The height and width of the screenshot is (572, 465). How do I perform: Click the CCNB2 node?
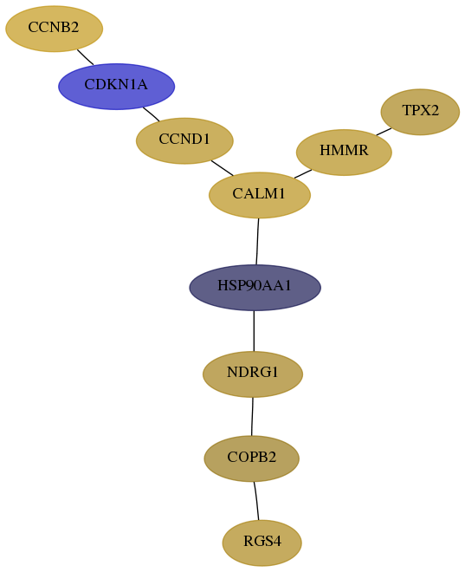(54, 29)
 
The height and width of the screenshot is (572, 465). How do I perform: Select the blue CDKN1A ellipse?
(117, 87)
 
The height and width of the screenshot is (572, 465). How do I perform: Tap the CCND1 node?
(184, 140)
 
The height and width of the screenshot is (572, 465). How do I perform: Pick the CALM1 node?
(260, 195)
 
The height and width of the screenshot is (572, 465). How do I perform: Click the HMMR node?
(344, 153)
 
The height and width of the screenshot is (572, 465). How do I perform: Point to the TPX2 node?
(420, 112)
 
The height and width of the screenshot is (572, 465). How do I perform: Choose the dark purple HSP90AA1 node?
(255, 288)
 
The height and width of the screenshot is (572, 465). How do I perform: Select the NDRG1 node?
(253, 374)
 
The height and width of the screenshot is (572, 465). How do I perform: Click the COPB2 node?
(251, 458)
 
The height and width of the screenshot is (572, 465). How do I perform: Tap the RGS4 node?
(262, 543)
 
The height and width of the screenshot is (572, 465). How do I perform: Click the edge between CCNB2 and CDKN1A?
(85, 57)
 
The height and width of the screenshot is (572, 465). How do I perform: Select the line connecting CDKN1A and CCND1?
(152, 114)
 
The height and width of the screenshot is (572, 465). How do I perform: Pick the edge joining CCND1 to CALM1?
(223, 168)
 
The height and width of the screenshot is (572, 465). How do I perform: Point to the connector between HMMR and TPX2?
(384, 132)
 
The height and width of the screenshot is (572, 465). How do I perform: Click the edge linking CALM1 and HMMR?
(303, 173)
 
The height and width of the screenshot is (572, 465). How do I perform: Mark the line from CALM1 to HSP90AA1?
(257, 242)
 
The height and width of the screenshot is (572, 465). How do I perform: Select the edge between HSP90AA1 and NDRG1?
(254, 331)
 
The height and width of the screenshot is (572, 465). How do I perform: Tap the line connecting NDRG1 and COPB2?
(252, 416)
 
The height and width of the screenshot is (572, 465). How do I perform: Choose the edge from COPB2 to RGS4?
(256, 501)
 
